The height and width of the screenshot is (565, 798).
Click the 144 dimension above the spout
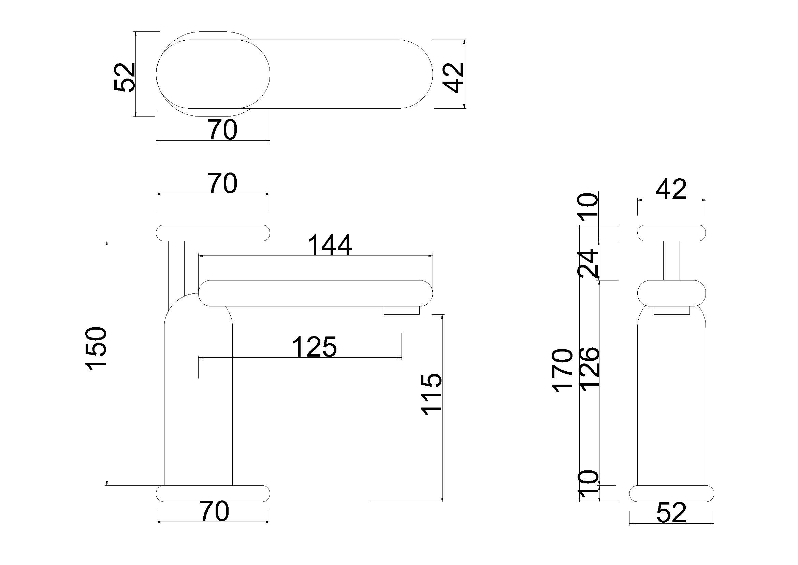[330, 245]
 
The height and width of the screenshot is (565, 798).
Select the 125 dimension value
[315, 347]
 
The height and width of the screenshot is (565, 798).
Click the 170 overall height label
[562, 371]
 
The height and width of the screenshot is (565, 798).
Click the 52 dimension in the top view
[125, 77]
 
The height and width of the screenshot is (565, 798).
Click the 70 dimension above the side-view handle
[223, 184]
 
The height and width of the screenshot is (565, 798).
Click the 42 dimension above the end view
[671, 190]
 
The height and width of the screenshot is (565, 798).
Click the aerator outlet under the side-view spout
[402, 310]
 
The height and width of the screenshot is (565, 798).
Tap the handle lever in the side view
[213, 233]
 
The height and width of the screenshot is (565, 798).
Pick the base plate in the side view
[213, 494]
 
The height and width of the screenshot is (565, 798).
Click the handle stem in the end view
[671, 260]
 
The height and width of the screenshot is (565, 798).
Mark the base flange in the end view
[671, 494]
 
